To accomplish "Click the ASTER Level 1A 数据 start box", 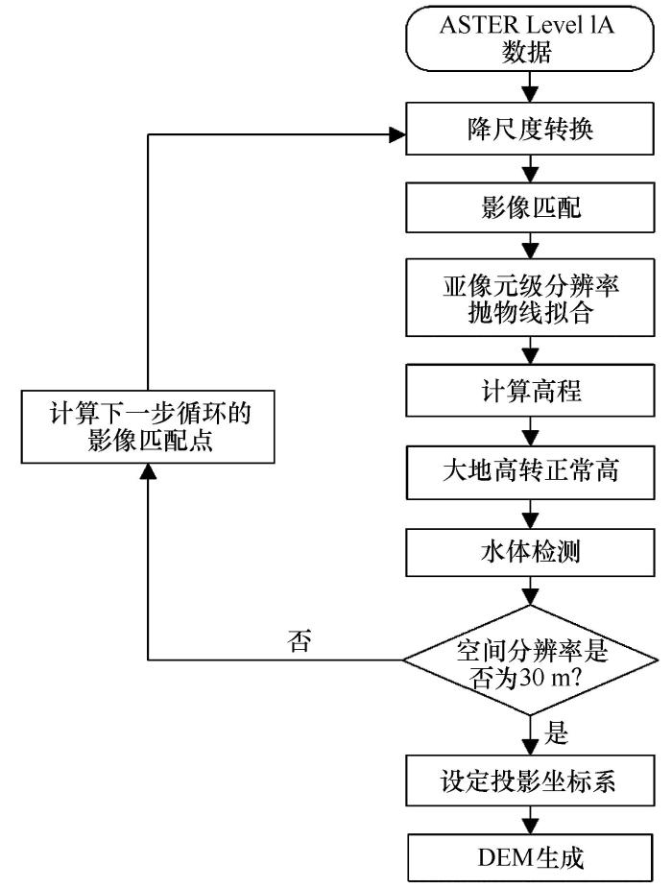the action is pos(530,38).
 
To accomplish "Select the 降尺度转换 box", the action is pos(530,129).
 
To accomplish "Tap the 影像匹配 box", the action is pos(530,207).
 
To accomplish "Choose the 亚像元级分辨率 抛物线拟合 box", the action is pos(530,298).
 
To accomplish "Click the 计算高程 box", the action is pos(530,391).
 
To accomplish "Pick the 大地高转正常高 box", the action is pos(530,472).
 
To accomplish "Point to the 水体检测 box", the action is pos(530,552).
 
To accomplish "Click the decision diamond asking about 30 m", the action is pos(530,660).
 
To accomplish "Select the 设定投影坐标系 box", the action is pos(530,780).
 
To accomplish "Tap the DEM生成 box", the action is pos(530,857).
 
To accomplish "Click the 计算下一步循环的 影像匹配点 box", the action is pos(148,426).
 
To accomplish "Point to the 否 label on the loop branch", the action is pos(300,640).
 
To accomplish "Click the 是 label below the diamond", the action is pos(556,732).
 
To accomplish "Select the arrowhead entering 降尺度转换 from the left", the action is pos(398,134).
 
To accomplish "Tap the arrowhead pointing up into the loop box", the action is pos(148,471).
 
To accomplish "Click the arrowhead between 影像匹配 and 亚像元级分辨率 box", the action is pos(530,251).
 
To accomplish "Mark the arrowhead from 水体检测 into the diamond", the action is pos(530,597).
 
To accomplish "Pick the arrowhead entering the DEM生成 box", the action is pos(530,826).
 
